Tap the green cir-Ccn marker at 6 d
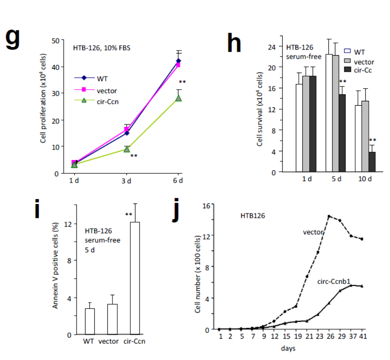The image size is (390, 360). coord(178,98)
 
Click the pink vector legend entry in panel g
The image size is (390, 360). coord(98,90)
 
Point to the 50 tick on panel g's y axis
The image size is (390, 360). coord(55,40)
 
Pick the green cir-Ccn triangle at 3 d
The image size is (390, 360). coord(127,149)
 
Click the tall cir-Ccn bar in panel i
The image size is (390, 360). coord(136,278)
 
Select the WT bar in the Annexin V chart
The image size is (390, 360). coord(90,321)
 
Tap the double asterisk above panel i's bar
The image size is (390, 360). coord(129,214)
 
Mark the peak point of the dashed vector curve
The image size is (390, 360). coord(329,216)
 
